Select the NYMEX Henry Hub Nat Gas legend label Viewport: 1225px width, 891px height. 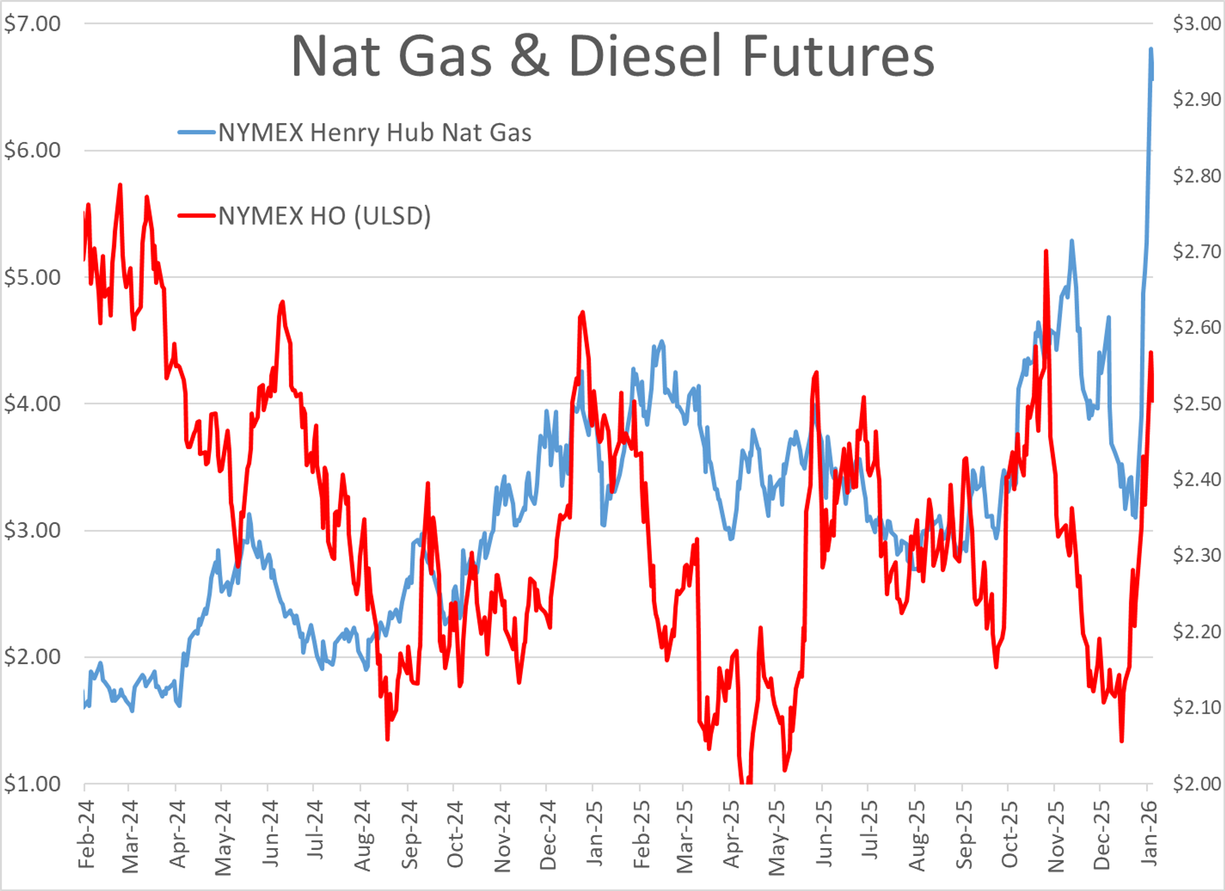point(375,132)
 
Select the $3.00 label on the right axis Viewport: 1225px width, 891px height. point(1196,24)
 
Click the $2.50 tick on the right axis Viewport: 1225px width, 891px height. point(1196,404)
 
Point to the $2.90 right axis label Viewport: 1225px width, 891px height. point(1196,100)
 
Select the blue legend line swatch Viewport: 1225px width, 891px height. point(196,132)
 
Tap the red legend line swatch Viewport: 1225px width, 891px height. point(196,216)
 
